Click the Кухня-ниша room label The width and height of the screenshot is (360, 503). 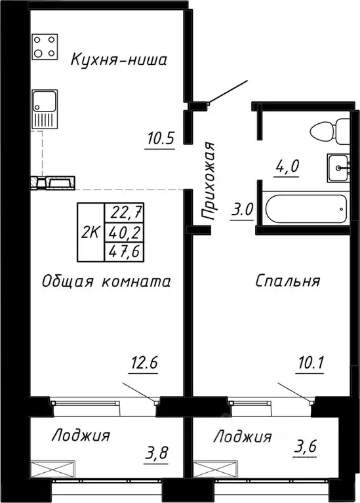click(119, 61)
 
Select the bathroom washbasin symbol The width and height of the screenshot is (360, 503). click(337, 168)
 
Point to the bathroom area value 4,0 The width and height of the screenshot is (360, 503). click(286, 165)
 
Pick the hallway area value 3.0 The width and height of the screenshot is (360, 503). click(243, 211)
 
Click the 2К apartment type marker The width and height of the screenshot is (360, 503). click(90, 232)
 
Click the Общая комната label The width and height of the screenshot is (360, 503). click(106, 281)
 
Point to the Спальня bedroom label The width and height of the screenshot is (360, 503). click(287, 281)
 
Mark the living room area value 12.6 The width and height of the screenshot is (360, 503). click(145, 361)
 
